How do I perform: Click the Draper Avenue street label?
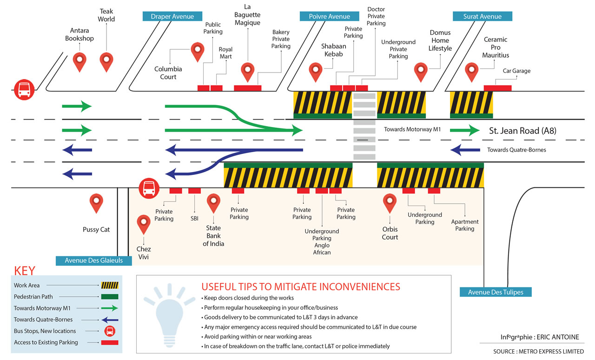pos(172,16)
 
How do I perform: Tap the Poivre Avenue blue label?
pos(329,16)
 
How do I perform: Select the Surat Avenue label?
pos(482,16)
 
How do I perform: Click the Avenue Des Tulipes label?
pos(496,292)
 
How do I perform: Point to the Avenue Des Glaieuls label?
pos(94,260)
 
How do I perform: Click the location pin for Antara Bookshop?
pos(80,61)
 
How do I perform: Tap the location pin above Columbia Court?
pos(198,51)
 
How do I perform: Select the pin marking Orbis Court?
pos(390,202)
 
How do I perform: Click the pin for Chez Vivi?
pos(144,223)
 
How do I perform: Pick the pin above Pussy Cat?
pos(96,202)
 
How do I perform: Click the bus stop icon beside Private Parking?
pos(148,187)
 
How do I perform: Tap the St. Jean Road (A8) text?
pos(522,131)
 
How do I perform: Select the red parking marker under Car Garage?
pos(497,88)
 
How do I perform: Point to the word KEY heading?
pos(25,271)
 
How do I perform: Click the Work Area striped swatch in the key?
pos(110,285)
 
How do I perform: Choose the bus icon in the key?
pos(110,331)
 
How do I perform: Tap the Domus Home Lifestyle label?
pos(440,40)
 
